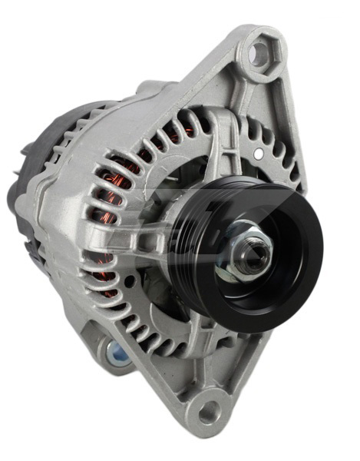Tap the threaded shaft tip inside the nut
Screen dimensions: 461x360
tap(248, 258)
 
